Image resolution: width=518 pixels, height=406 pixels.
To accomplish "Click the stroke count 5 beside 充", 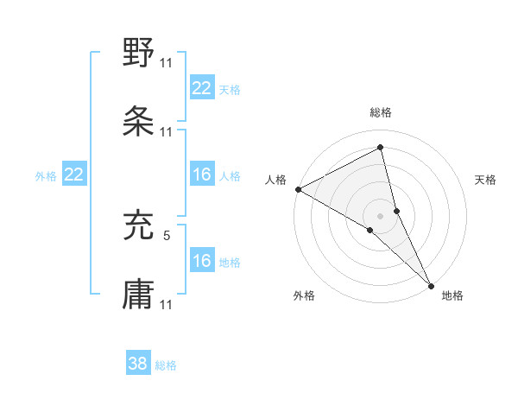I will click(x=167, y=234).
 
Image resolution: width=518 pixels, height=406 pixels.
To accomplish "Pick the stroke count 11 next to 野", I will click(x=167, y=62).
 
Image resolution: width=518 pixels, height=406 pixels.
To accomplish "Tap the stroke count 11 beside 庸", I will click(x=167, y=304).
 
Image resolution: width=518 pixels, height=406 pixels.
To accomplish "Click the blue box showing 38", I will click(x=138, y=365).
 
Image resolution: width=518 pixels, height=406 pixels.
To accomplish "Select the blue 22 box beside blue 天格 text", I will click(x=202, y=87).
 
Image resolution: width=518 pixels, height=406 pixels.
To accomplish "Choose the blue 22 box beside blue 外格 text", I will click(x=74, y=174).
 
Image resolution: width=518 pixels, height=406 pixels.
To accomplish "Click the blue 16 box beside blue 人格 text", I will click(x=202, y=174).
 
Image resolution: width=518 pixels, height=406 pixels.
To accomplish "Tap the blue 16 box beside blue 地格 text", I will click(x=202, y=261).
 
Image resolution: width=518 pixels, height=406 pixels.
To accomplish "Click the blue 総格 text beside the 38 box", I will click(x=166, y=365).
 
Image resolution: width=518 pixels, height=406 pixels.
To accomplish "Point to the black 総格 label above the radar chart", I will click(x=381, y=112).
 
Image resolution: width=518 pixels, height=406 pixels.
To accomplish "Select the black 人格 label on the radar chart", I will click(x=276, y=180).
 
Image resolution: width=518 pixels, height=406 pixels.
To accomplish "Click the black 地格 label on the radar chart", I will click(x=452, y=295).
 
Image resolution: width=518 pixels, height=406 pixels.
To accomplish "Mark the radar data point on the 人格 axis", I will click(x=298, y=189).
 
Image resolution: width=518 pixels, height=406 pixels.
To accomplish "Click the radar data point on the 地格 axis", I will click(x=432, y=284).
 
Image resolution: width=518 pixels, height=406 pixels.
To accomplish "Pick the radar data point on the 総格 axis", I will click(x=381, y=148).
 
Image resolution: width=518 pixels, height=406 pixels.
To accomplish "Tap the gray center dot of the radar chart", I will click(x=381, y=215).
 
